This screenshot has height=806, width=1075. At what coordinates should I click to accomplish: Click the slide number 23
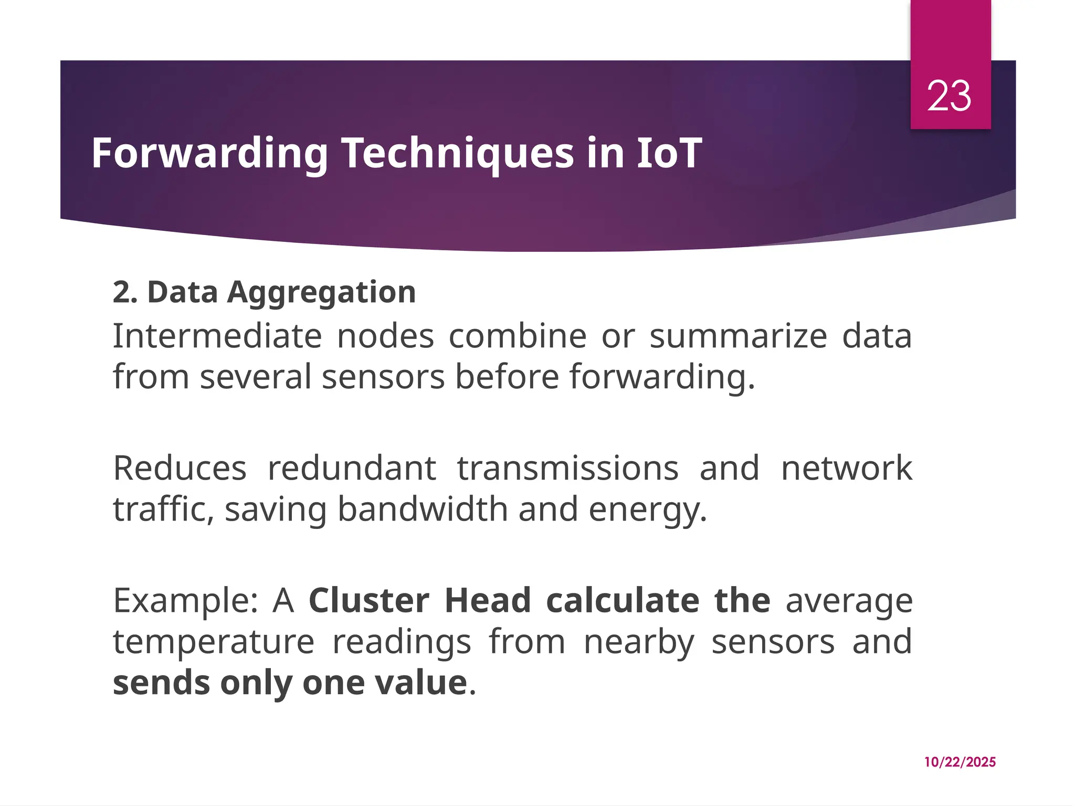click(948, 97)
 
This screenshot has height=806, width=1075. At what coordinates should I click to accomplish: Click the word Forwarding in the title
click(209, 153)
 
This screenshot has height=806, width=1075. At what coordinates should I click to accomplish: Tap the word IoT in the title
click(669, 153)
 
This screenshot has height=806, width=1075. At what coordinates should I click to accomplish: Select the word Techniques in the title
click(458, 153)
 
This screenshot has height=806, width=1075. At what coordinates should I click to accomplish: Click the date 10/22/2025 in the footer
click(960, 762)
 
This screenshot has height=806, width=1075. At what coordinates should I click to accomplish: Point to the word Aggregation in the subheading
click(321, 292)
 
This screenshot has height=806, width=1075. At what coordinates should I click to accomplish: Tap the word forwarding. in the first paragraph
click(662, 377)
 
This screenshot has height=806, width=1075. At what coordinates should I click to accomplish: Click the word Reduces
click(180, 468)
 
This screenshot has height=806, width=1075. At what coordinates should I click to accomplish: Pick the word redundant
click(352, 468)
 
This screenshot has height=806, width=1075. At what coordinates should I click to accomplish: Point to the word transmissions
click(567, 468)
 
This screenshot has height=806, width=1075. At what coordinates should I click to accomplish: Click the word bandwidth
click(423, 510)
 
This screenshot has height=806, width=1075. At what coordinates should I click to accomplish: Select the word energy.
click(648, 511)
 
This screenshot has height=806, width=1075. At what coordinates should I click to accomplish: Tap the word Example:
click(185, 601)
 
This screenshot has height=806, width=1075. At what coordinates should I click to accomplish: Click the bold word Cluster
click(368, 601)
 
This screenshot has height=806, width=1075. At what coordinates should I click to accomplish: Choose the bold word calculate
click(622, 601)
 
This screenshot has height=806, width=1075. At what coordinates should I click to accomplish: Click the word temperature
click(214, 642)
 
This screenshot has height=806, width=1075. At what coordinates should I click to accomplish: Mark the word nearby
click(639, 642)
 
